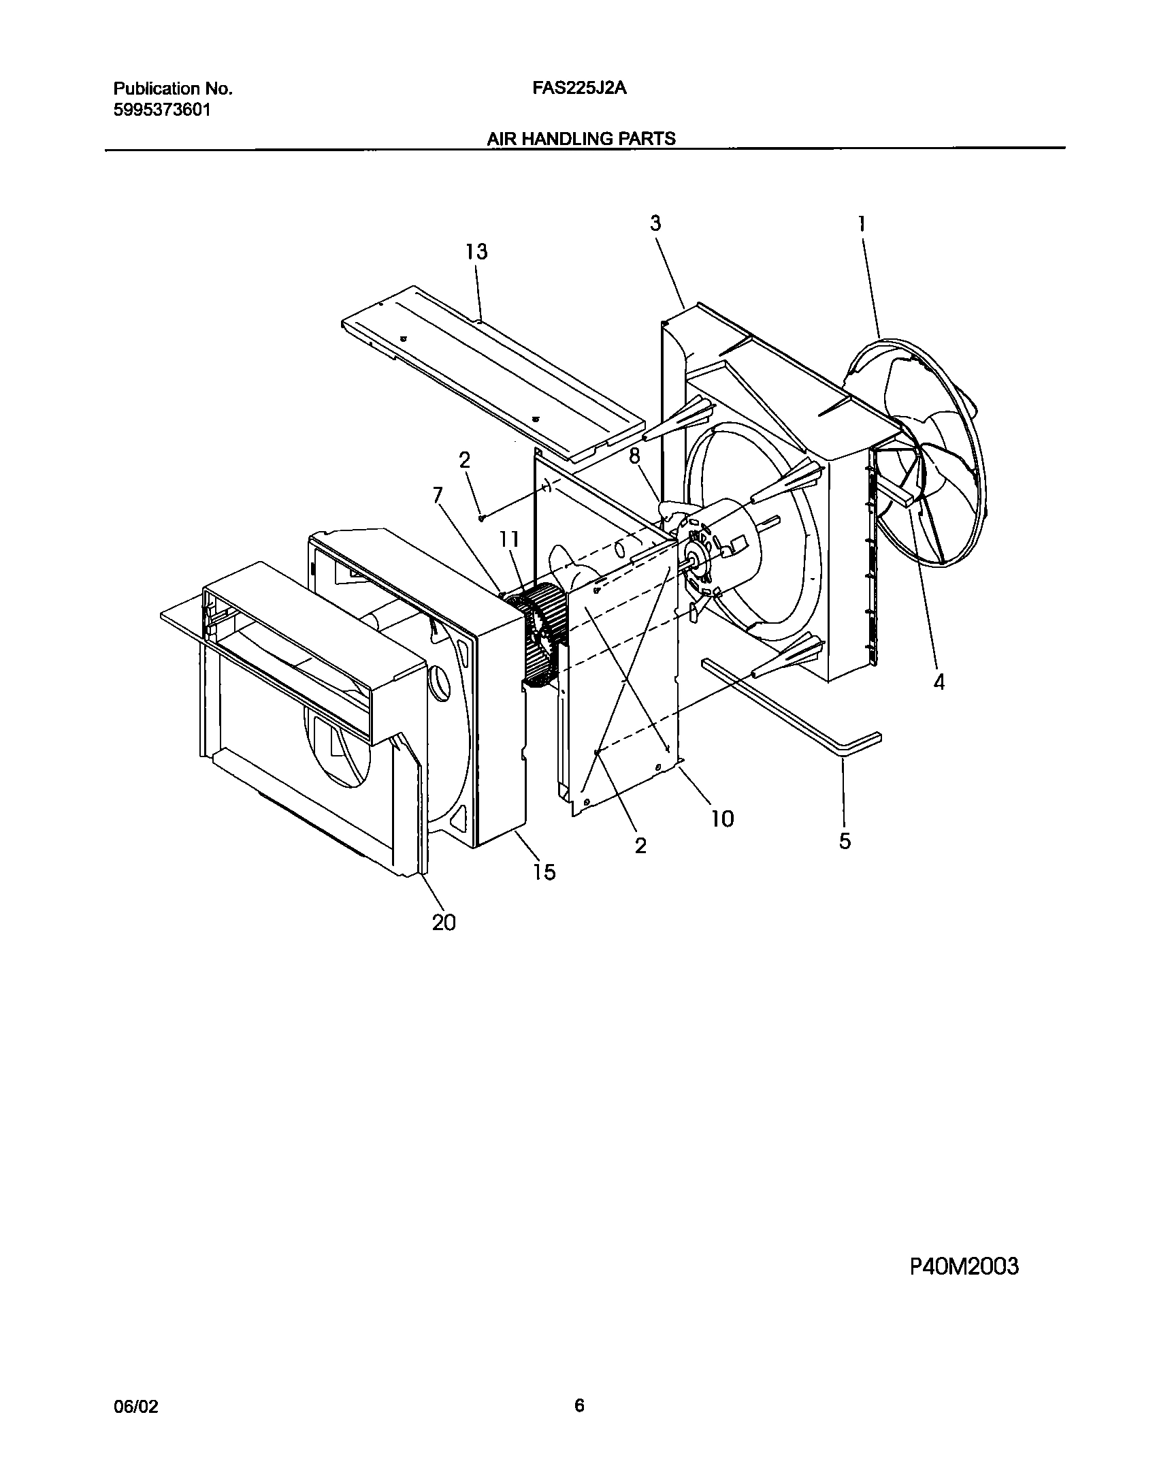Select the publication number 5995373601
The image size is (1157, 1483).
(161, 110)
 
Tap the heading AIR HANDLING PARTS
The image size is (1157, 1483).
(581, 139)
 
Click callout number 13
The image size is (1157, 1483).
(476, 252)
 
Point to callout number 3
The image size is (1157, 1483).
(655, 223)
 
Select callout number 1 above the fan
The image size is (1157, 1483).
(862, 224)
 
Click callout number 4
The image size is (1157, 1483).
(939, 682)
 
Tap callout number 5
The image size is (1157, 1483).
(845, 841)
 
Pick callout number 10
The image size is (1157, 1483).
(722, 818)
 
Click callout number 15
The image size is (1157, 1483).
(544, 872)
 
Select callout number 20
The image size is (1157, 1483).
(444, 923)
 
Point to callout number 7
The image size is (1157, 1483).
(438, 495)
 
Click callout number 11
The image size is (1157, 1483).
(509, 540)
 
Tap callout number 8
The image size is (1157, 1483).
(634, 456)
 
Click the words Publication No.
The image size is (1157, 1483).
(173, 89)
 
